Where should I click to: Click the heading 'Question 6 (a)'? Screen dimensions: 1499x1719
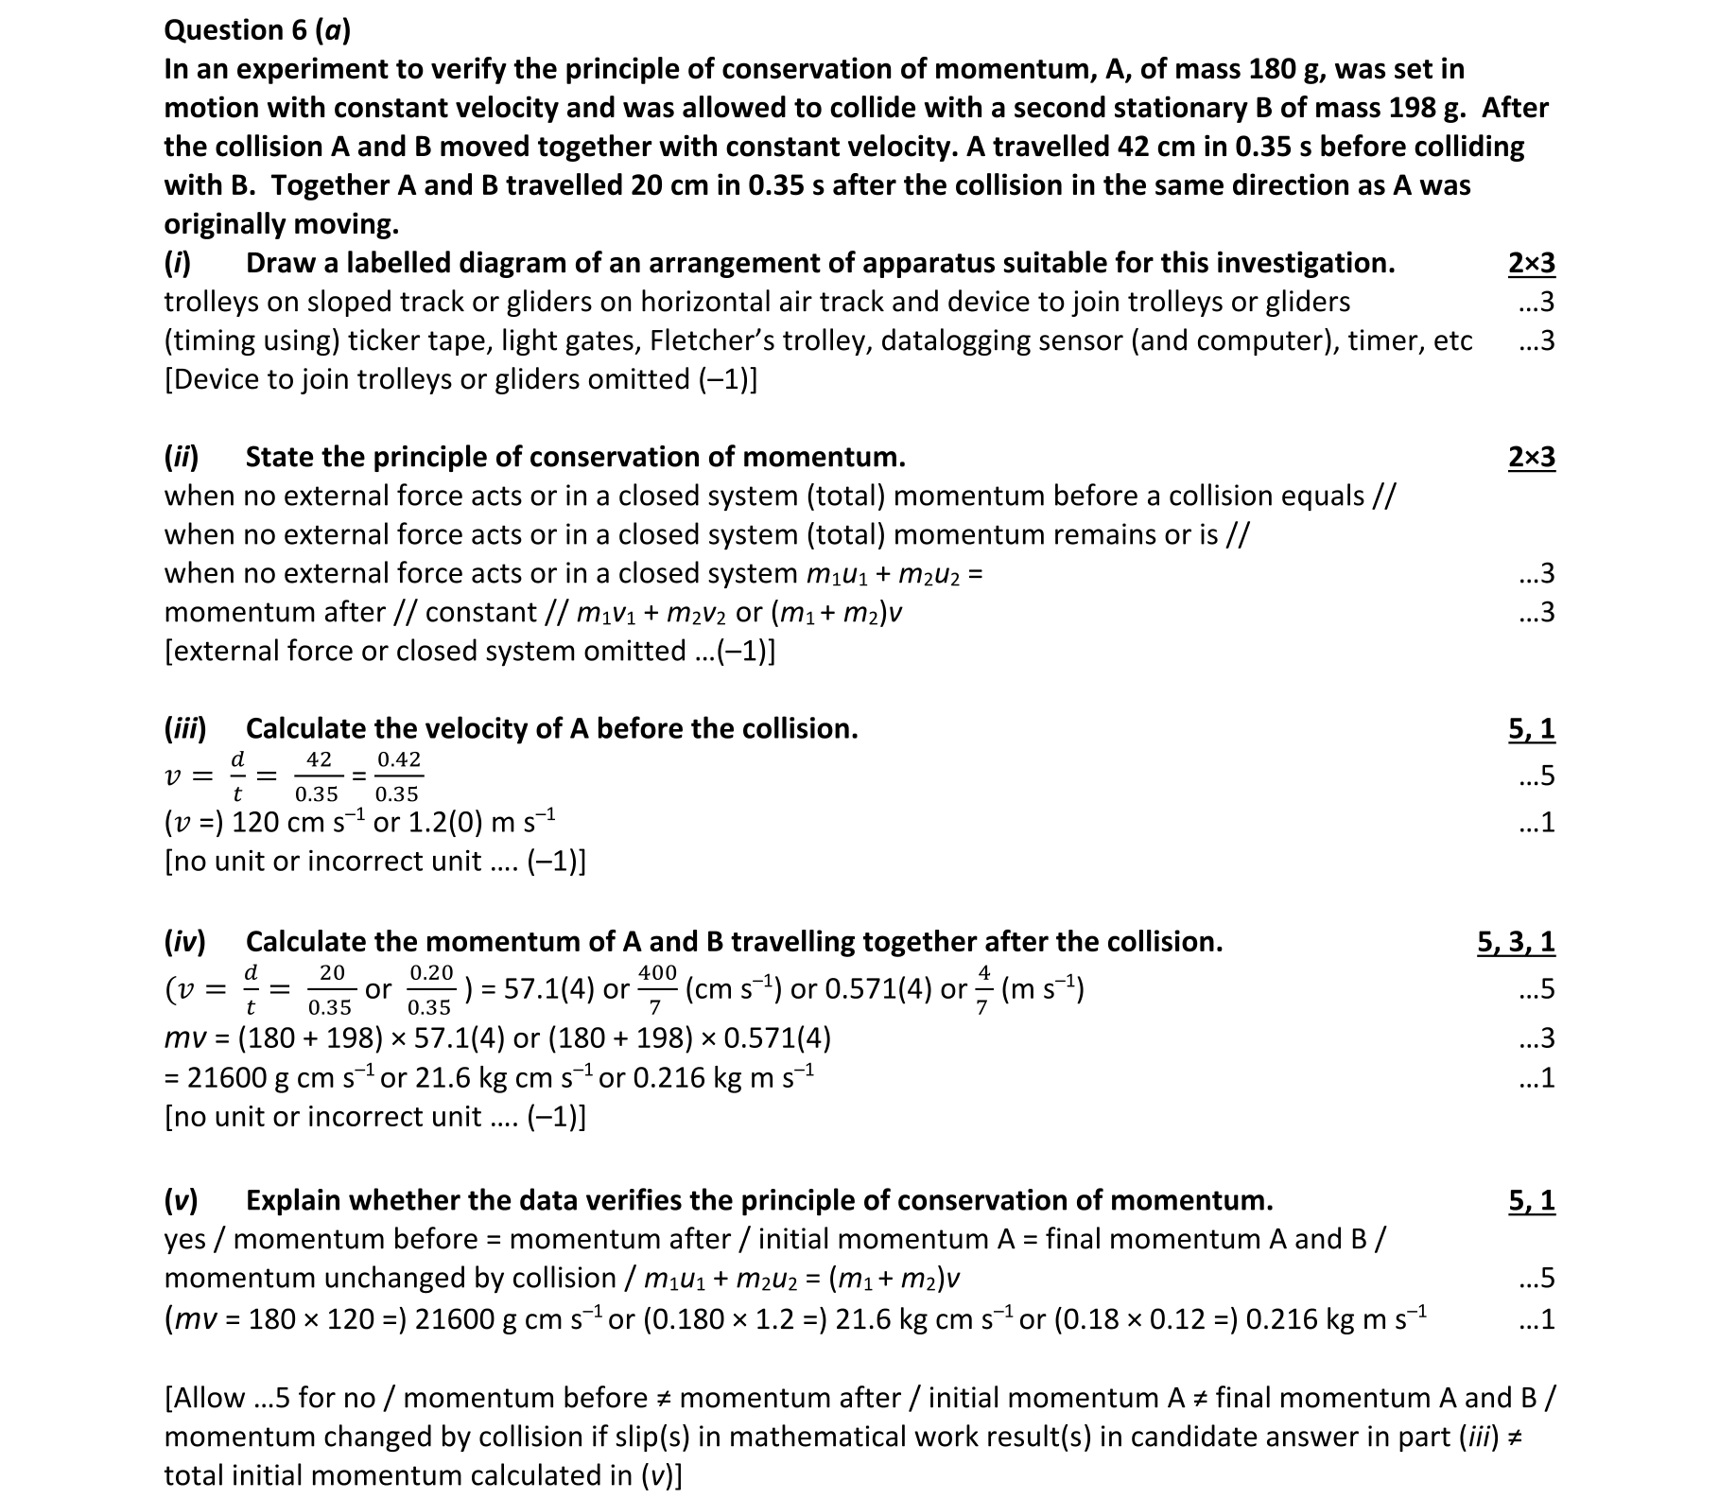click(257, 30)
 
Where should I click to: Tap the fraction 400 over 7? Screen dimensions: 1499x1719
click(657, 989)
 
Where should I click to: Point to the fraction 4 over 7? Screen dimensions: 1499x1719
click(983, 989)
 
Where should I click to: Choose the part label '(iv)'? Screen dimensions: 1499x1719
click(184, 941)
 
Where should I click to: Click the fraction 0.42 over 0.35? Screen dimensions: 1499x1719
click(398, 776)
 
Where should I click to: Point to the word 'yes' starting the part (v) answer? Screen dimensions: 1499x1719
click(187, 1239)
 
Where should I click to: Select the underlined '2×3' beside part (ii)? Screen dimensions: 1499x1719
click(1531, 457)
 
